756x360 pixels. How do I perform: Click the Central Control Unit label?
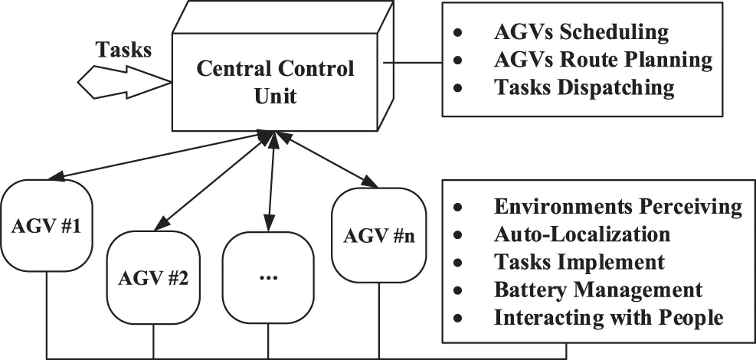pyautogui.click(x=276, y=81)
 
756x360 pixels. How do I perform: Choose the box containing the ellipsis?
pyautogui.click(x=268, y=277)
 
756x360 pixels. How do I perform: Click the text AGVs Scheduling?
pyautogui.click(x=581, y=32)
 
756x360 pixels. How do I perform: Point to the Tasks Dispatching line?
pyautogui.click(x=584, y=87)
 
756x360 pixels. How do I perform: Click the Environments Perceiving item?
pyautogui.click(x=618, y=207)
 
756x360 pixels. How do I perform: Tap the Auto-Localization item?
pyautogui.click(x=582, y=234)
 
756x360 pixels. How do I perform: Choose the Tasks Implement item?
pyautogui.click(x=579, y=261)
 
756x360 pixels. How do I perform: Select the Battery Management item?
pyautogui.click(x=598, y=290)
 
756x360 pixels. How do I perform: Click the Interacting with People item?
pyautogui.click(x=608, y=317)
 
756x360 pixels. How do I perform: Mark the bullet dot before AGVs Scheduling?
pyautogui.click(x=458, y=34)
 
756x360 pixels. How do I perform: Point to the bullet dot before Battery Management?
pyautogui.click(x=458, y=290)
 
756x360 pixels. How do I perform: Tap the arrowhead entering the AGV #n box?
pyautogui.click(x=369, y=183)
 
